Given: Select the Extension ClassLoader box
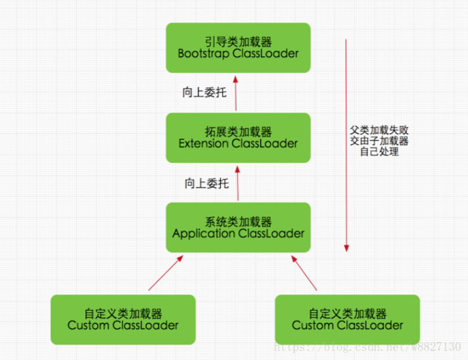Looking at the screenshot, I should (238, 137).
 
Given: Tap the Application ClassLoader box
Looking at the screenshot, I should (238, 227).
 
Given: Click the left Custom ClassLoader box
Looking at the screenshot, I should (123, 319).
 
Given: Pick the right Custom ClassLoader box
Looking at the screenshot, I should (347, 319).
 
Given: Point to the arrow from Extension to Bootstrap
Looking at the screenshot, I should (237, 93).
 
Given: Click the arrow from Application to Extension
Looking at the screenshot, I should (237, 183).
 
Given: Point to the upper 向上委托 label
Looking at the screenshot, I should (204, 93).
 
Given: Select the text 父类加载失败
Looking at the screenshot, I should (379, 129).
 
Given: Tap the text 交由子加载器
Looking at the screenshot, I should (379, 141).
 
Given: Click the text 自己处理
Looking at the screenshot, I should (379, 152).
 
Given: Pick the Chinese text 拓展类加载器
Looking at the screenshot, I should (238, 131).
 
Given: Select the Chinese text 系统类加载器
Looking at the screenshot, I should (238, 221).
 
